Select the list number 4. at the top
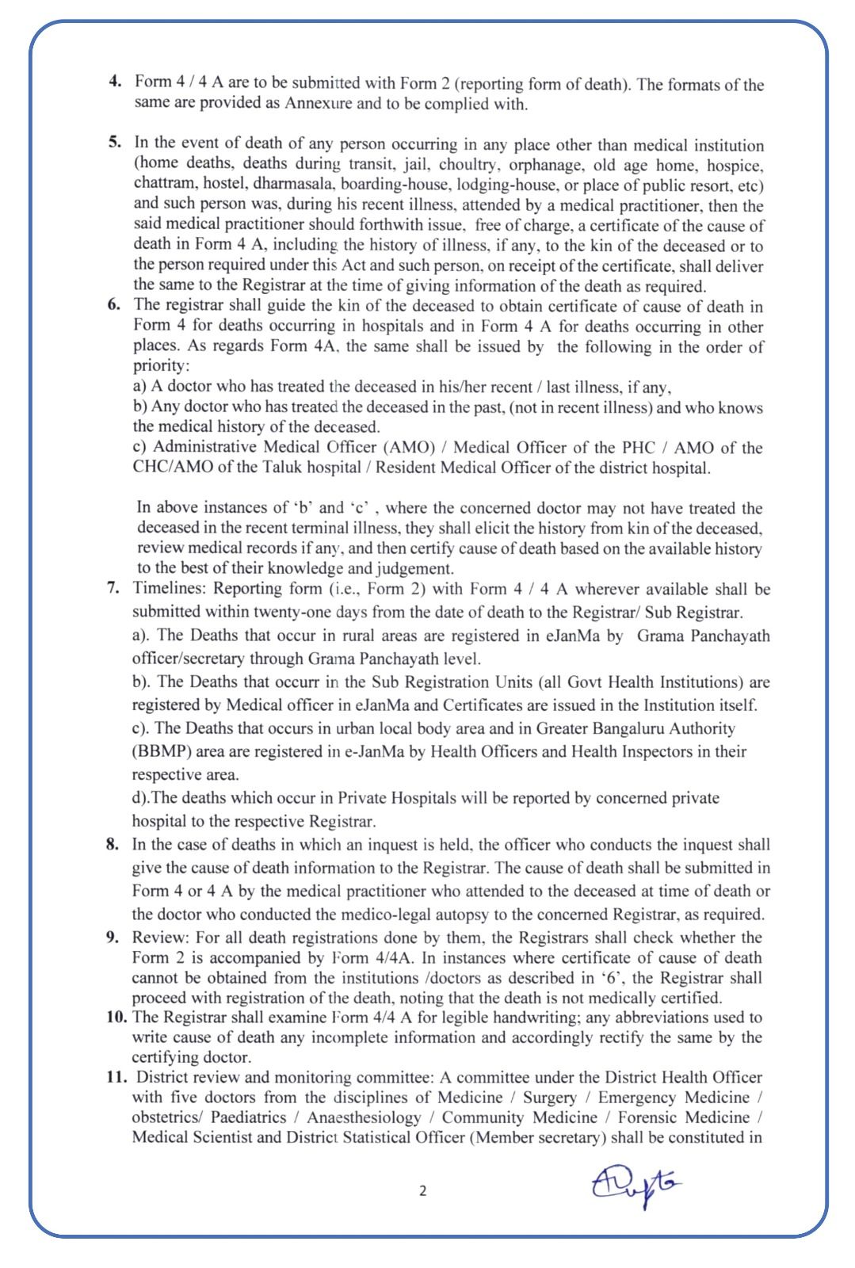[x=115, y=82]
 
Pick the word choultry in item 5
[x=472, y=165]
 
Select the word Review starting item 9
[x=158, y=938]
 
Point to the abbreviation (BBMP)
[x=160, y=751]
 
